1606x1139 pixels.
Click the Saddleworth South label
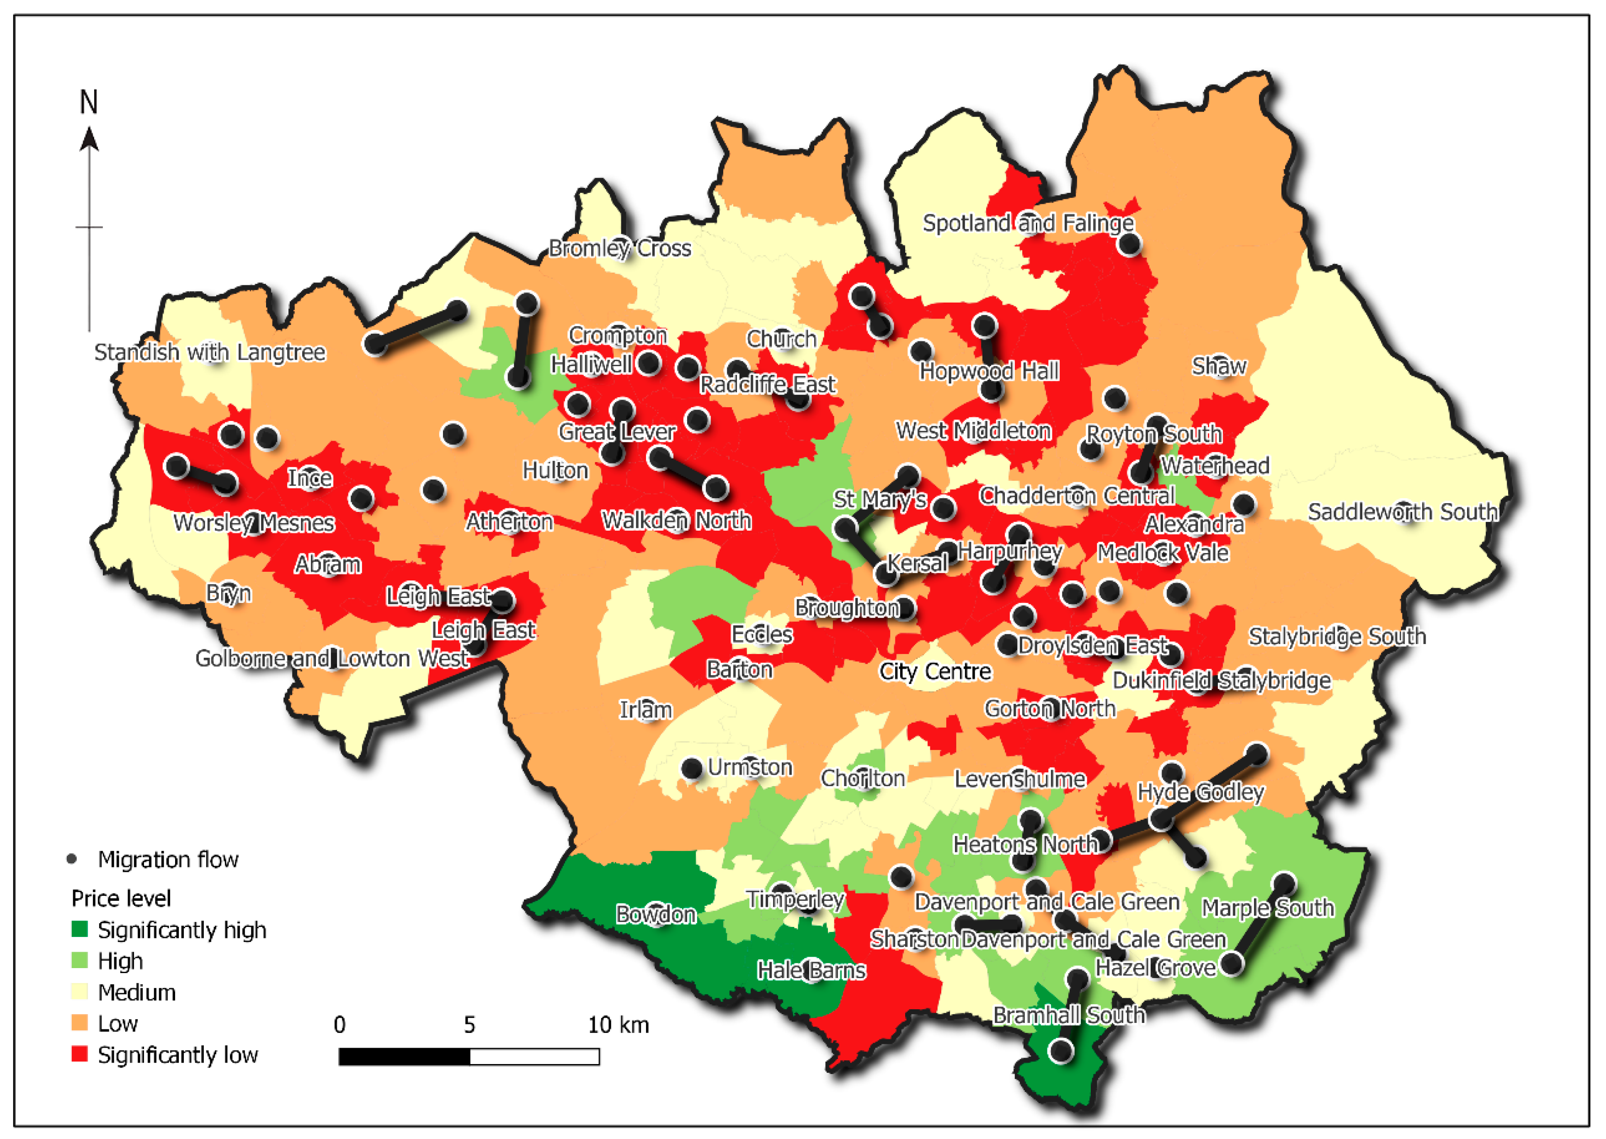[1402, 512]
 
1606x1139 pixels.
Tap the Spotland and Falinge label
[1027, 223]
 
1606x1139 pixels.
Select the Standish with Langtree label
[210, 352]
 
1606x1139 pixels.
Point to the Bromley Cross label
[619, 248]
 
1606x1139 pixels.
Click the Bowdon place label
[656, 914]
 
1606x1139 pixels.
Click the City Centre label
[935, 671]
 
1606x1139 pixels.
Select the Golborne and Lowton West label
[331, 659]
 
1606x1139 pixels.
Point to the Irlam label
[645, 710]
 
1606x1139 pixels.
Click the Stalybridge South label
[1337, 636]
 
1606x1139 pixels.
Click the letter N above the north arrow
[88, 102]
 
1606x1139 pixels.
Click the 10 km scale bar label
[618, 1025]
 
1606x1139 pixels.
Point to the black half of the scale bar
[404, 1056]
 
